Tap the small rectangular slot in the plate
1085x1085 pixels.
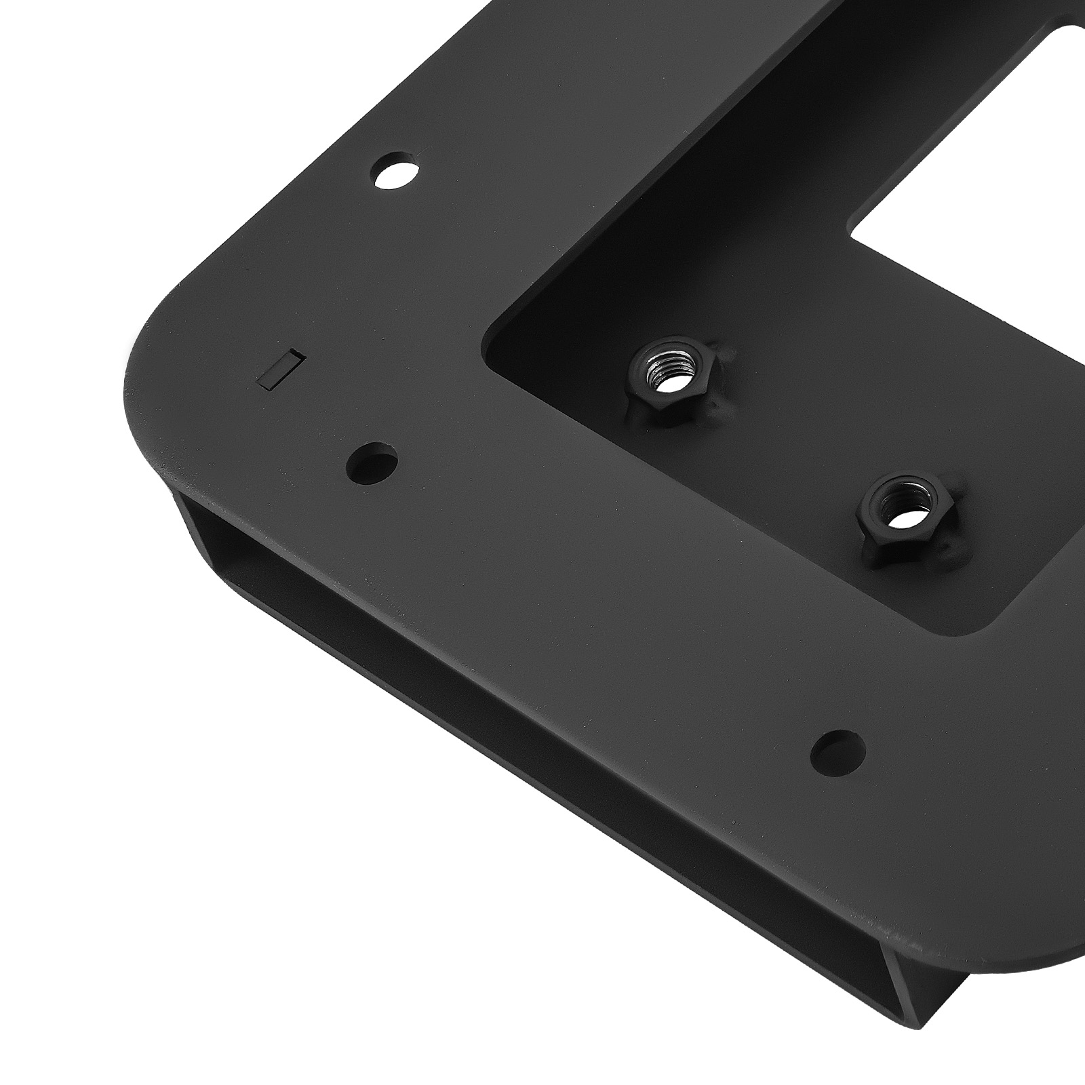pos(279,369)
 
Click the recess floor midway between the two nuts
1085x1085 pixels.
pos(780,441)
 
